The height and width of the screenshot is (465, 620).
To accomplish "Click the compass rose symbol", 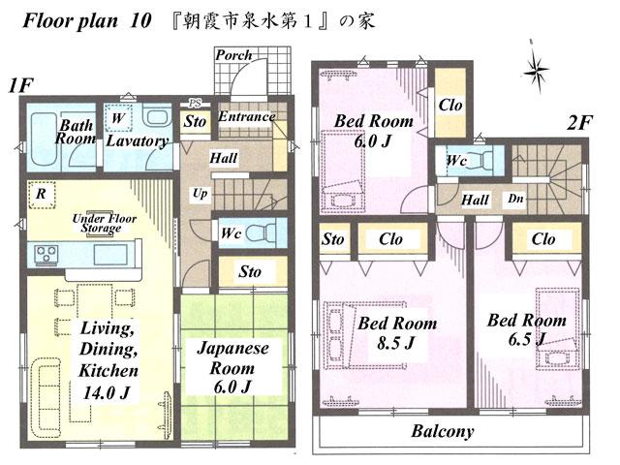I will [x=536, y=69].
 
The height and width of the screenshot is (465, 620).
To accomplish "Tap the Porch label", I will [x=233, y=55].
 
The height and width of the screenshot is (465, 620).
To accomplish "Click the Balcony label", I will [x=442, y=431].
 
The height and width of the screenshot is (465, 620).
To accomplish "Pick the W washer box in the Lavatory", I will [x=117, y=117].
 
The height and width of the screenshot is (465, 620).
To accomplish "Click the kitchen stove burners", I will [x=46, y=254].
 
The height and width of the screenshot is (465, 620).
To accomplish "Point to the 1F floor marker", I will [x=21, y=85].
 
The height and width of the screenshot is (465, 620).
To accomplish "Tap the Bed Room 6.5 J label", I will [x=525, y=328].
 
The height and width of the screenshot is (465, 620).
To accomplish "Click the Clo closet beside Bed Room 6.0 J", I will [x=449, y=107].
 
